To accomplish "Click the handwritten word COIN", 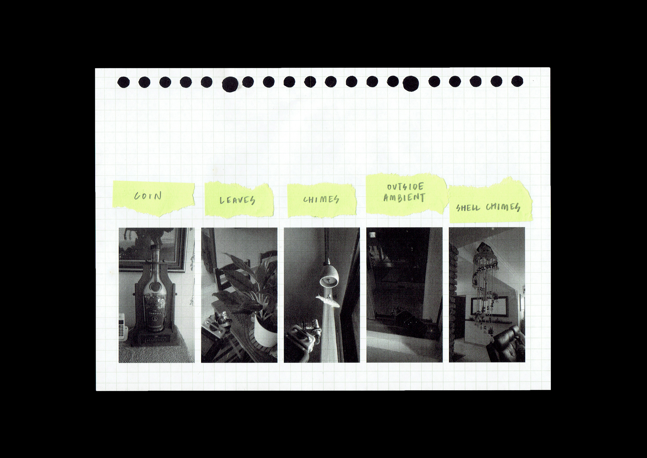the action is pos(148,196).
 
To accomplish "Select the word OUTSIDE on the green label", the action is pos(405,187).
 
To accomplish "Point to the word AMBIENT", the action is pos(404,197).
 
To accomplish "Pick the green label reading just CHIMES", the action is pos(322,200).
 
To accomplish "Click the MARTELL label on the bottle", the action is pos(155,313).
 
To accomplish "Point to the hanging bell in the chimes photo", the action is pos(329,275).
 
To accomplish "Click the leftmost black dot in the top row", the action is pos(123,82).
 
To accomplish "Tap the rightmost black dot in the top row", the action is pos(517,81).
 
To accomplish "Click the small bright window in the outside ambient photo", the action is pos(373,235).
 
